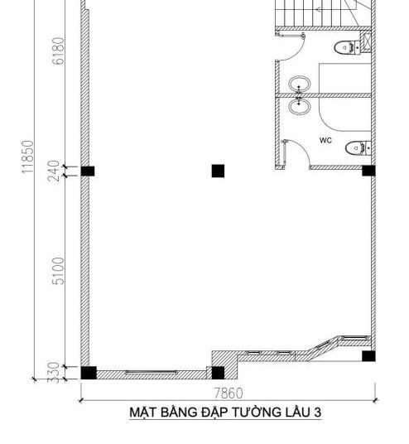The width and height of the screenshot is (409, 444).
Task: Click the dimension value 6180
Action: pos(59,51)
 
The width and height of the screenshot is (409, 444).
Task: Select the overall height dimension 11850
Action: pos(28,157)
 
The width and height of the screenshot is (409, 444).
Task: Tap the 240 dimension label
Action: pos(54,171)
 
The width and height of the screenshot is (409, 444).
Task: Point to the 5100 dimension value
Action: pos(59,271)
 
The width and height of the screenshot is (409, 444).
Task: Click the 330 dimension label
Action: pos(54,373)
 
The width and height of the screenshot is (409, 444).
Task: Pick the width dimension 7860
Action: pos(229,393)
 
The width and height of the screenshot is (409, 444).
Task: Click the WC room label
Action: pos(325,140)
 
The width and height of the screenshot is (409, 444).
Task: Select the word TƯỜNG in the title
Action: pos(256,412)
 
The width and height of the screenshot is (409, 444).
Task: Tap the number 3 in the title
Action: pos(317,413)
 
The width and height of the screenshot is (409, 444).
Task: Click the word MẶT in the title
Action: pos(143,413)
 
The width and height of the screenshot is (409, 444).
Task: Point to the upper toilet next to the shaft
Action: pos(347,47)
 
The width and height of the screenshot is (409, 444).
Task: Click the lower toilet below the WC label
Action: pos(358,147)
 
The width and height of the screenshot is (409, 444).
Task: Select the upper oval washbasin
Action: pos(300,84)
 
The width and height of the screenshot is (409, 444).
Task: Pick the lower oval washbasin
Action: pos(300,106)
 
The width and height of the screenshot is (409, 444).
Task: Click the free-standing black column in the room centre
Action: pos(218,171)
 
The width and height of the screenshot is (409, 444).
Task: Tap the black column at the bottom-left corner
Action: pos(89,373)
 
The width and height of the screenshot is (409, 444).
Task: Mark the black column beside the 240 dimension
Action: pos(88,171)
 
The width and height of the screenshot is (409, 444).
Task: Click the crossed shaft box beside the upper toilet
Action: pos(365,42)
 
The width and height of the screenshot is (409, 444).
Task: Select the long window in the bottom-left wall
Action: pos(152,373)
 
